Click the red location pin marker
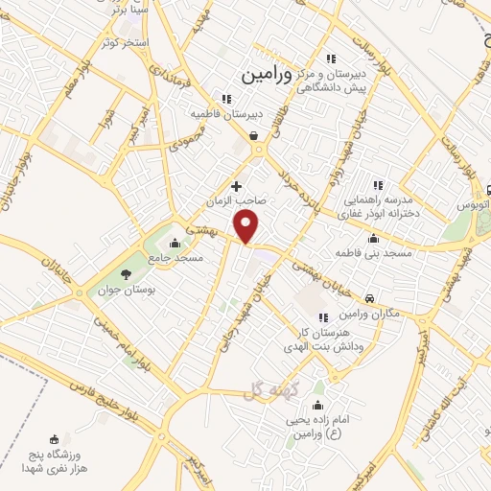point(247,227)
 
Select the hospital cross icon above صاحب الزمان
point(236,185)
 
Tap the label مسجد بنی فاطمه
point(372,252)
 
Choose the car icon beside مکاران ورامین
point(369,297)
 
